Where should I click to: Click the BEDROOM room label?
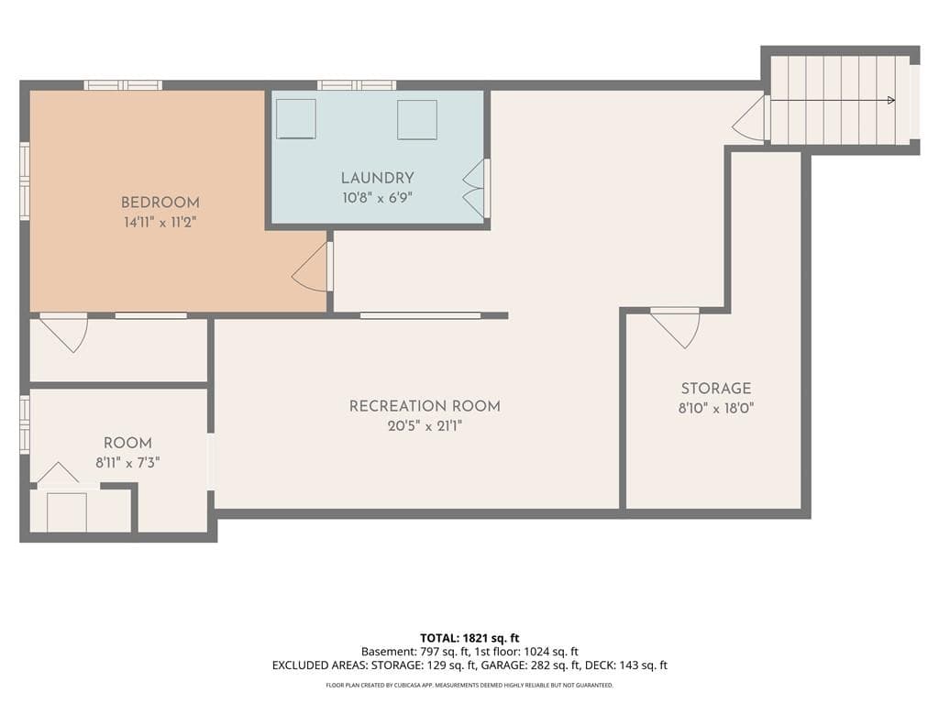point(160,203)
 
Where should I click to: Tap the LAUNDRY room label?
point(377,178)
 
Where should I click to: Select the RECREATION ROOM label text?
point(425,406)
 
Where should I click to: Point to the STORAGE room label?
point(715,388)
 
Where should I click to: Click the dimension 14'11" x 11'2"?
point(160,222)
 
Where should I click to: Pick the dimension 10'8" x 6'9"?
point(377,198)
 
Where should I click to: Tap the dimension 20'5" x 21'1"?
point(425,426)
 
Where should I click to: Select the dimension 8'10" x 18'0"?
point(715,408)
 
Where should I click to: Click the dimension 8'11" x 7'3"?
point(127,463)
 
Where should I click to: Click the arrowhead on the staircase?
point(891,101)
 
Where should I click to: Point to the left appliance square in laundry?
point(296,118)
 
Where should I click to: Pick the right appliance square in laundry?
point(417,119)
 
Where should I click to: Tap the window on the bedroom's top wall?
point(123,85)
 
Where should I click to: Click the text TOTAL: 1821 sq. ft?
point(469,638)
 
